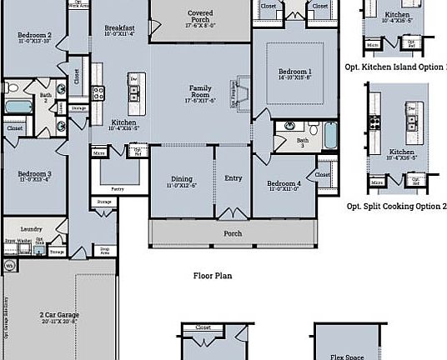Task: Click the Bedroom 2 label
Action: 34,36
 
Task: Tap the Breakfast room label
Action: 119,28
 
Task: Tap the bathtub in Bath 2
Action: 17,106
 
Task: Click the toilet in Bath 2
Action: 7,87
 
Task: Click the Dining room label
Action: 182,181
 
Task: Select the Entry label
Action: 233,178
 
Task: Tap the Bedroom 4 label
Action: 284,185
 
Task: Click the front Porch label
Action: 233,233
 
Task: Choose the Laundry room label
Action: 31,227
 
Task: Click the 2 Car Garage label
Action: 58,317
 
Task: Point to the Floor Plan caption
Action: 212,276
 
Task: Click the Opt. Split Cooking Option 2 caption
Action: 396,205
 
